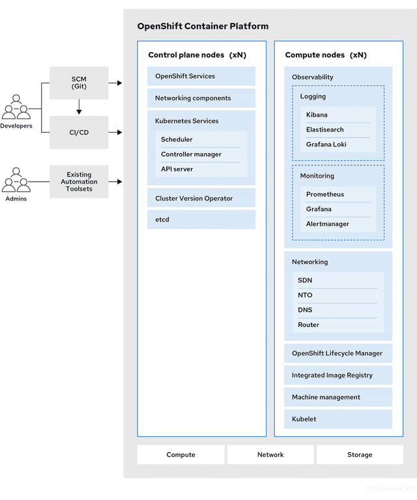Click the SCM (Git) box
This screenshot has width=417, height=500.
pyautogui.click(x=79, y=83)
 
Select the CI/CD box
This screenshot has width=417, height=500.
pyautogui.click(x=79, y=132)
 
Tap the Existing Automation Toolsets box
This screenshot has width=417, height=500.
pyautogui.click(x=79, y=182)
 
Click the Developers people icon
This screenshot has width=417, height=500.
pyautogui.click(x=16, y=108)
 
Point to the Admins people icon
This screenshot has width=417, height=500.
pyautogui.click(x=16, y=180)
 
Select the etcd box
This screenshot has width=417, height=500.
pyautogui.click(x=201, y=219)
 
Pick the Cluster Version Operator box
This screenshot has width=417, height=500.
pyautogui.click(x=201, y=198)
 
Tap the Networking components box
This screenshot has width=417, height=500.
pyautogui.click(x=201, y=98)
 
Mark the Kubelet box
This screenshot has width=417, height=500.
pyautogui.click(x=338, y=419)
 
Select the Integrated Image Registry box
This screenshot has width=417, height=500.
pyautogui.click(x=338, y=375)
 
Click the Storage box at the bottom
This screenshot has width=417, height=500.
pyautogui.click(x=360, y=454)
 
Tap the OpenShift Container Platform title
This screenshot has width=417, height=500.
pyautogui.click(x=203, y=26)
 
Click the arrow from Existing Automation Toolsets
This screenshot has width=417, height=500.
pyautogui.click(x=115, y=182)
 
